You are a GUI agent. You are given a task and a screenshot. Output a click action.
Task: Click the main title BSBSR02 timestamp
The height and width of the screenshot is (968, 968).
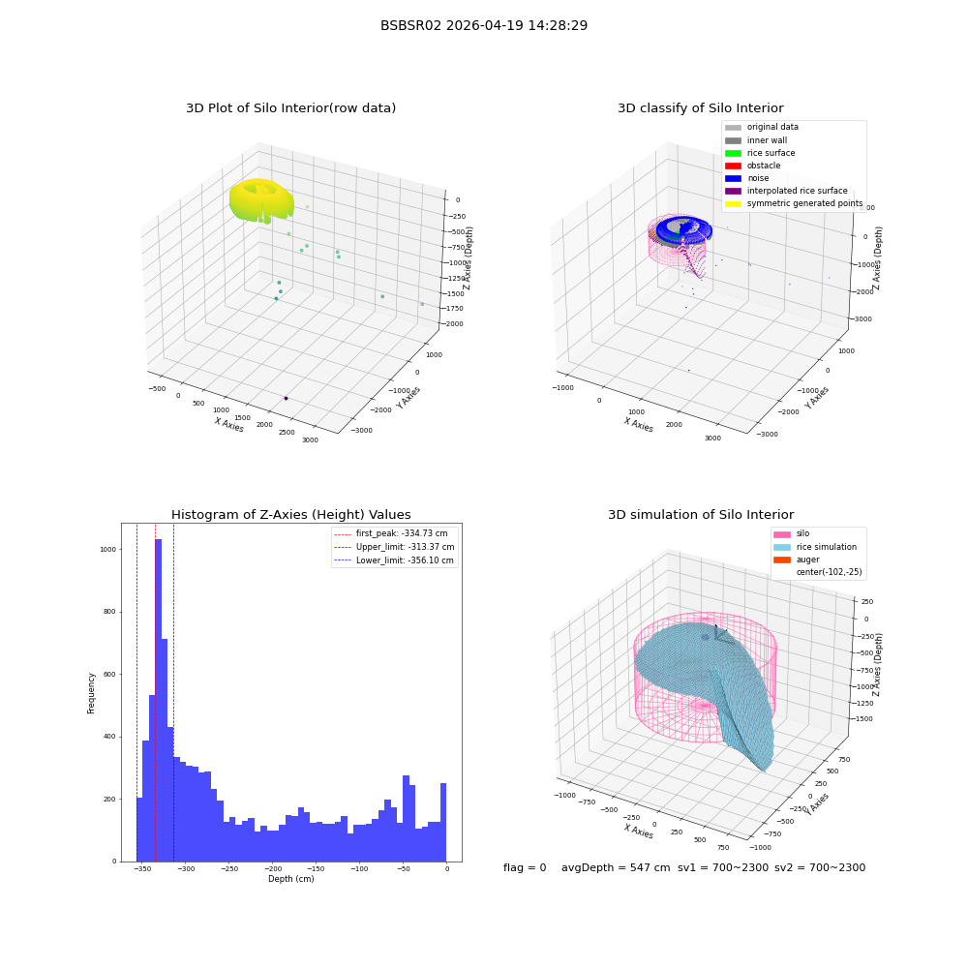(x=483, y=25)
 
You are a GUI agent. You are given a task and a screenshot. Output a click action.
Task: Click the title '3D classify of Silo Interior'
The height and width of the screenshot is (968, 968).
(x=701, y=108)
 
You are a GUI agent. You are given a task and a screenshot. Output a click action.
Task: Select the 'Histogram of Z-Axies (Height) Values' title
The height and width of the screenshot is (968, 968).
(x=290, y=515)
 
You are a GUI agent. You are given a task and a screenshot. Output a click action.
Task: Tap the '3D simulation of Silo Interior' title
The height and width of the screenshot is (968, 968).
(x=701, y=515)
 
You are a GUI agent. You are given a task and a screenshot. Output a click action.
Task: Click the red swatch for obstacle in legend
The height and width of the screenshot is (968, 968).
(x=733, y=166)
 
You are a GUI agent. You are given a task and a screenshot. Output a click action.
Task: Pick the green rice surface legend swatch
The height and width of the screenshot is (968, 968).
(x=733, y=153)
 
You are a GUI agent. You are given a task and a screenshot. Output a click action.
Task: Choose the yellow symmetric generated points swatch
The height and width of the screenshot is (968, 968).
(x=733, y=203)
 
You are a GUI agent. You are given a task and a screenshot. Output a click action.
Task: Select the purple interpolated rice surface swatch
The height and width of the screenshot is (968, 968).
(x=733, y=191)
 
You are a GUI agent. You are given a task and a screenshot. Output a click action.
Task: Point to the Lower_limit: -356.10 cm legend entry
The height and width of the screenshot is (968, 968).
(x=394, y=560)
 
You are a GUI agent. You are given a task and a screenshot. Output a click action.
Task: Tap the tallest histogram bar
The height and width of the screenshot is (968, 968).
(x=158, y=700)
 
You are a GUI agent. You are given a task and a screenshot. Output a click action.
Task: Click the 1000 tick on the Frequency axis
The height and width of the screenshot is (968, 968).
(x=108, y=550)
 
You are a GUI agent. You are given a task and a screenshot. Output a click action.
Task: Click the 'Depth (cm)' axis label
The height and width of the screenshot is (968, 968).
(x=290, y=879)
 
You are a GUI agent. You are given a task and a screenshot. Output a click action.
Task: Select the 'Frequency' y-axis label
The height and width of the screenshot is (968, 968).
(x=91, y=693)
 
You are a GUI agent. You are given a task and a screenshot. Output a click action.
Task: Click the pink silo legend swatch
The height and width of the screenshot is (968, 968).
(x=781, y=534)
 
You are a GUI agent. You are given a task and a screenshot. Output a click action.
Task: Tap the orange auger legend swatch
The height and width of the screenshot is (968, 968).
(x=781, y=560)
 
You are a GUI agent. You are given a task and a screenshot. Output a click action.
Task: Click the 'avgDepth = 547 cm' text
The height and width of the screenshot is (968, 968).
(x=616, y=867)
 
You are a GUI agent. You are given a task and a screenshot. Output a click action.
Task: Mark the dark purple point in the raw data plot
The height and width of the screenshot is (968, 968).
(x=286, y=398)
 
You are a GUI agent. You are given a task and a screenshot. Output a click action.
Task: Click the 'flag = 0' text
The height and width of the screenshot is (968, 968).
(x=525, y=867)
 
